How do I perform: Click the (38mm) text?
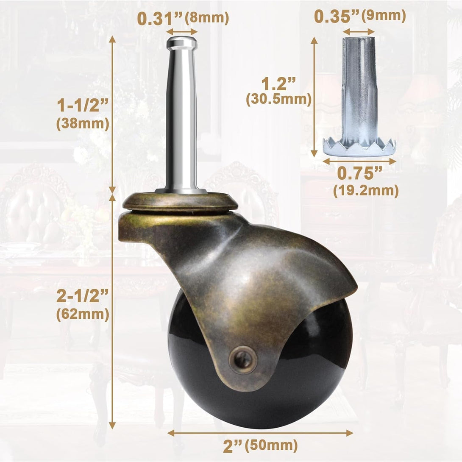click(83, 124)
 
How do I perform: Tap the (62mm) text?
click(83, 314)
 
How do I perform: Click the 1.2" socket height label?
click(279, 83)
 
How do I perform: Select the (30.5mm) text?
click(279, 100)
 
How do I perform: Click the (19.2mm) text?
click(366, 191)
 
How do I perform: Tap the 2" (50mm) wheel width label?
click(260, 445)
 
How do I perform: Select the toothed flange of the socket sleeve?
click(359, 146)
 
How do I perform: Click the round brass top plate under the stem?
click(180, 202)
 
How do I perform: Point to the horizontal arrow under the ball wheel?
click(260, 433)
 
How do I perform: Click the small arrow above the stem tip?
click(182, 31)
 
